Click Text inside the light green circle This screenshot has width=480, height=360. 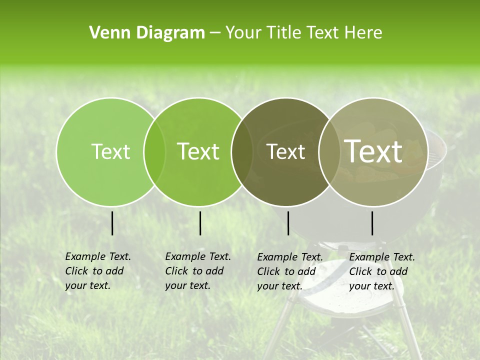coord(110,151)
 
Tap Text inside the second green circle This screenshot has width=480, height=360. coord(198,151)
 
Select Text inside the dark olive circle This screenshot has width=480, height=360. coord(285,151)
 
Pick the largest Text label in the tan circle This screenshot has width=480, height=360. coord(373,151)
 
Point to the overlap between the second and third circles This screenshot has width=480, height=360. coord(242,151)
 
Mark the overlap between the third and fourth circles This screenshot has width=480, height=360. coord(329,151)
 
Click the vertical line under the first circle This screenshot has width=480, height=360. coord(112,223)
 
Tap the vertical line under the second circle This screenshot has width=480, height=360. coord(200,223)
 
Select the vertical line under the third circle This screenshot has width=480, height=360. coord(288,223)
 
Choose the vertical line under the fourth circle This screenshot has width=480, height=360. coord(372,223)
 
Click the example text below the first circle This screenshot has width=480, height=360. coord(97,271)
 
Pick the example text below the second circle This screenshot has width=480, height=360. coord(197,271)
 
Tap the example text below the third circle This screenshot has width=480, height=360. coord(289,271)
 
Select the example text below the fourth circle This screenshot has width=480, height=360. coord(381,271)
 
